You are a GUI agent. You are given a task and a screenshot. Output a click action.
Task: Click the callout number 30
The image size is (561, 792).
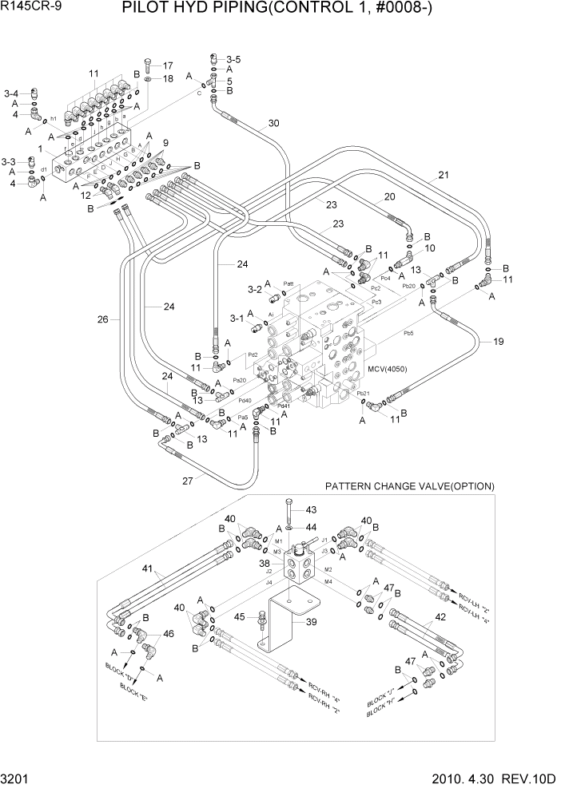coord(273,123)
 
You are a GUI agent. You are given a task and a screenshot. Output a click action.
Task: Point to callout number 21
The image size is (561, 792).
coord(444,175)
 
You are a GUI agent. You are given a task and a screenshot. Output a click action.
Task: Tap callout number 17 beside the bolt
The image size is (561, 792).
coord(167,65)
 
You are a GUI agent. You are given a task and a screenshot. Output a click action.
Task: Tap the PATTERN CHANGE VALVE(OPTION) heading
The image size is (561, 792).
coord(409,486)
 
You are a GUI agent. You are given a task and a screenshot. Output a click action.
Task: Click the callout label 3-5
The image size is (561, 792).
coord(233,59)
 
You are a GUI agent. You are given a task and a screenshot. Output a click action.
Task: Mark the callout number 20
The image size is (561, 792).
coord(390,196)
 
